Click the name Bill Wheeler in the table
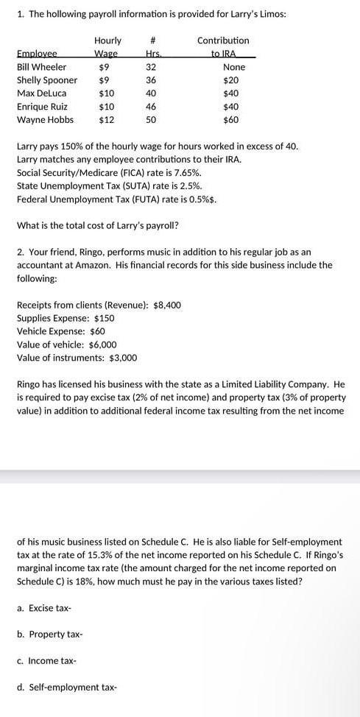point(41,67)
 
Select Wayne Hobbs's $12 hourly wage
point(107,120)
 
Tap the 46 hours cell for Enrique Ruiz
point(152,107)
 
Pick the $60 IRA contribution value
point(231,120)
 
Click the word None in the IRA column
point(233,67)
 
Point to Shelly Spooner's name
point(46,80)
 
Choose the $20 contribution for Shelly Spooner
point(231,80)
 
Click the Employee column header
point(37,54)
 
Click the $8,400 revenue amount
point(166,305)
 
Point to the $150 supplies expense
point(105,318)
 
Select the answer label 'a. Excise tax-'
point(44,607)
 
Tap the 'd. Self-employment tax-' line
point(66,688)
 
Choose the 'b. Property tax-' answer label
point(49,634)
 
